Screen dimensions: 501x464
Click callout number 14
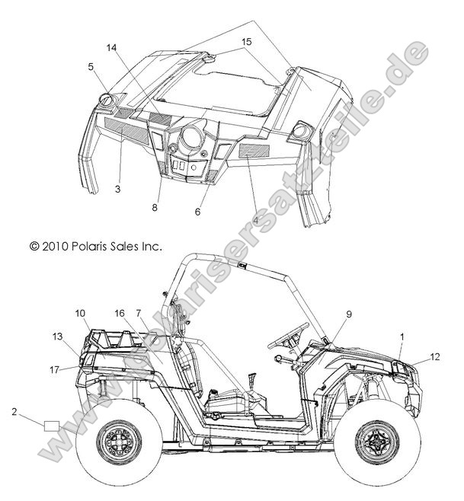[111, 47]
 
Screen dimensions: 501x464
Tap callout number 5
[91, 66]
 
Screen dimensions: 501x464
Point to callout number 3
[118, 188]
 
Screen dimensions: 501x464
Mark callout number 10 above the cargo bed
[81, 313]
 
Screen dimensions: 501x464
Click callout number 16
[120, 313]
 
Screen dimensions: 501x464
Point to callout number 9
[328, 313]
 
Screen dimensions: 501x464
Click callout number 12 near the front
[435, 356]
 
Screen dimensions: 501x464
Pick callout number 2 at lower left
[14, 411]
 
